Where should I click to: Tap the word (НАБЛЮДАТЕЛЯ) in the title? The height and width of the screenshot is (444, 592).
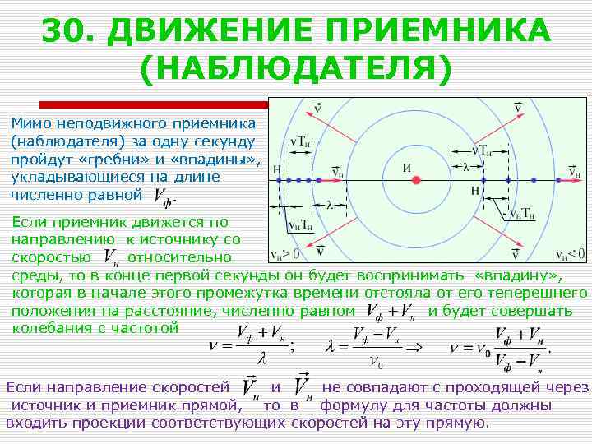point(296,69)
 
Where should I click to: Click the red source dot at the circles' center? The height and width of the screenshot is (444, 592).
point(416,179)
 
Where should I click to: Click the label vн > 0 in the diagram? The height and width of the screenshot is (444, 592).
point(285,253)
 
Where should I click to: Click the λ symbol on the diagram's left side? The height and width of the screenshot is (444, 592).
point(329,205)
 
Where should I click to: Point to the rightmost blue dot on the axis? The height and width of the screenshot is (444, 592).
point(536,179)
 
